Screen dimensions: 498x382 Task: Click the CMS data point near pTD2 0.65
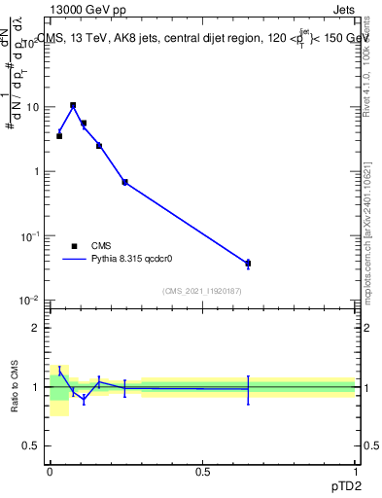[248, 264]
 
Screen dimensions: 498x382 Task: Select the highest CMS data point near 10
[73, 105]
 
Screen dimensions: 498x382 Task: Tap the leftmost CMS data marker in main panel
[59, 136]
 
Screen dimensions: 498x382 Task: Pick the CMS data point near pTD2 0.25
[124, 182]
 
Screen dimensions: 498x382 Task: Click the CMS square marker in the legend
[74, 246]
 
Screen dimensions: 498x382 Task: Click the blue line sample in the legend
[74, 260]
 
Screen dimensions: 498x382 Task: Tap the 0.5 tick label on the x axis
[202, 471]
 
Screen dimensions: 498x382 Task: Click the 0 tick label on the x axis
[50, 471]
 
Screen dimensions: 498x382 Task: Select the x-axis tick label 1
[355, 471]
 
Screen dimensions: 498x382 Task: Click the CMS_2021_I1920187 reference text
[201, 291]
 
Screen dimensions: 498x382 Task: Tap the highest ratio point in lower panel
[59, 371]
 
